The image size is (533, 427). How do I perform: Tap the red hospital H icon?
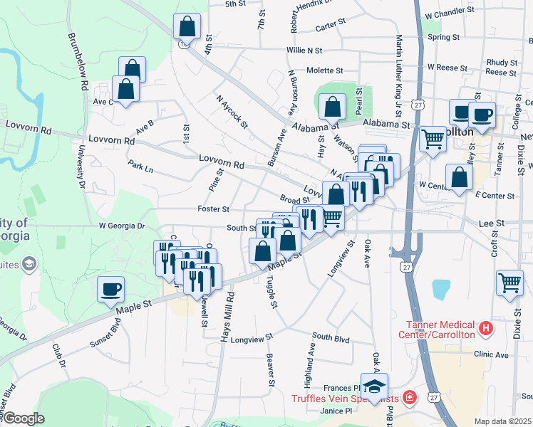[486, 328]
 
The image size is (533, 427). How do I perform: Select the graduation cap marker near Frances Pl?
[374, 386]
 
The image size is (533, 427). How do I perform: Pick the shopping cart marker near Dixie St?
[509, 283]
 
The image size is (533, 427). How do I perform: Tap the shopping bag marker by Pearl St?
[333, 107]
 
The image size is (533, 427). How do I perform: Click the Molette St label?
[325, 70]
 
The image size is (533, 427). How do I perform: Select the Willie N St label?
[304, 51]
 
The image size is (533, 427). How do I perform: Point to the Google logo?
[24, 418]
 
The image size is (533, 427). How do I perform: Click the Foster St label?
[214, 209]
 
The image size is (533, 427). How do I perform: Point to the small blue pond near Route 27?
[441, 288]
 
